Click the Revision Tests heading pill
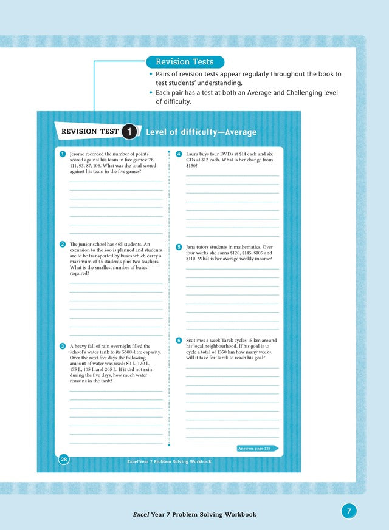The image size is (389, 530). tap(185, 62)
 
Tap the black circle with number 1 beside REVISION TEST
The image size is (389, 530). tap(129, 132)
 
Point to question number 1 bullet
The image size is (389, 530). tap(63, 154)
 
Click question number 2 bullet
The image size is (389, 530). tap(63, 244)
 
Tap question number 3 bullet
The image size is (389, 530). tap(63, 345)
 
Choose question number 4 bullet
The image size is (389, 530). tap(179, 154)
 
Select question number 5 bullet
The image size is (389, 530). tap(179, 247)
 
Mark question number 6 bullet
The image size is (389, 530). tap(179, 340)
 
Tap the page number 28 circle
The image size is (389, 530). tap(63, 460)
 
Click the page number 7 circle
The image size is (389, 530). tap(349, 511)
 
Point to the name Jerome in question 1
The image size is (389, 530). tap(78, 155)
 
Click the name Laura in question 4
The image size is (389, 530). tap(193, 155)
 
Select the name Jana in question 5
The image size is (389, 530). tap(192, 248)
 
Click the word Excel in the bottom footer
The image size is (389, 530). tap(142, 514)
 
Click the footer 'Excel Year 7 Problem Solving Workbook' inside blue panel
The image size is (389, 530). tap(169, 461)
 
